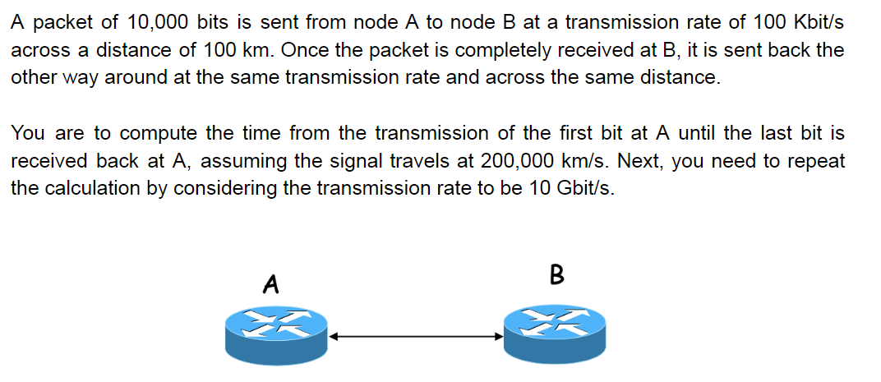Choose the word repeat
[814, 161]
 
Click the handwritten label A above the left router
[270, 284]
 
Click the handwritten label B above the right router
[556, 274]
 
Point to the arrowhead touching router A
[334, 336]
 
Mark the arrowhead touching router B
[497, 336]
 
